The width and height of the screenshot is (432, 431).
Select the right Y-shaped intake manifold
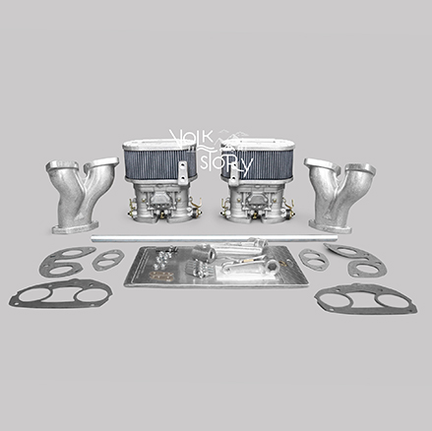[x=339, y=195]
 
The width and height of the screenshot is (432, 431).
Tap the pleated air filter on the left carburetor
[x=160, y=161]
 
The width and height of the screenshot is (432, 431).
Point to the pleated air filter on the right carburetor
[x=258, y=161]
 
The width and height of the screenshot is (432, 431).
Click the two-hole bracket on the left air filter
[x=182, y=172]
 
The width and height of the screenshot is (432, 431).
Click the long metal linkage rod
[x=209, y=238]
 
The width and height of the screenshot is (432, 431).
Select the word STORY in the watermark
[x=226, y=165]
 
